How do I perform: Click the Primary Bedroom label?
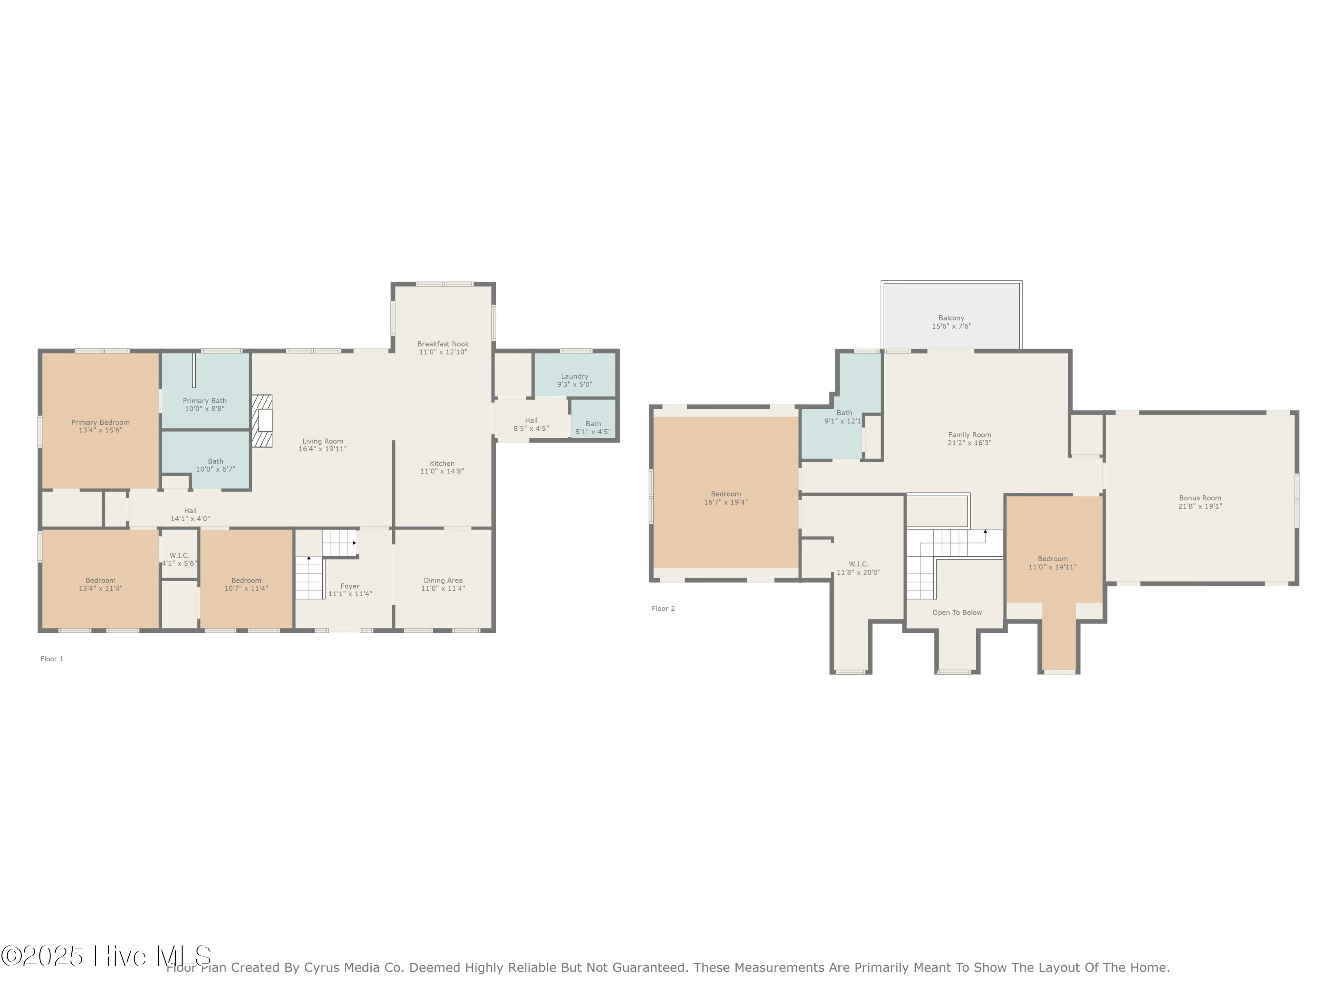tap(100, 423)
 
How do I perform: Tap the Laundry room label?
tap(574, 376)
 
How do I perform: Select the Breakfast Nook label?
tap(443, 344)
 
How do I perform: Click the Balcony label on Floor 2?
tap(951, 318)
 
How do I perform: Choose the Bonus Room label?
tap(1200, 498)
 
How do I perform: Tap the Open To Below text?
tap(957, 612)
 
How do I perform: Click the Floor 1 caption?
tap(52, 659)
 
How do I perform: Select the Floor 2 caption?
tap(663, 608)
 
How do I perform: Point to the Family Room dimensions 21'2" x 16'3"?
tap(969, 443)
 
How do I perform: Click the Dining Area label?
tap(443, 580)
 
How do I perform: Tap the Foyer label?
tap(350, 586)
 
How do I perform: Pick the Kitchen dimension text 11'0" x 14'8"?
tap(443, 471)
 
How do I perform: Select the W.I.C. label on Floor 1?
tap(180, 555)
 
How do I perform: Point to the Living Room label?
tap(323, 441)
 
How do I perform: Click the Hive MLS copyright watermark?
tap(107, 956)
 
